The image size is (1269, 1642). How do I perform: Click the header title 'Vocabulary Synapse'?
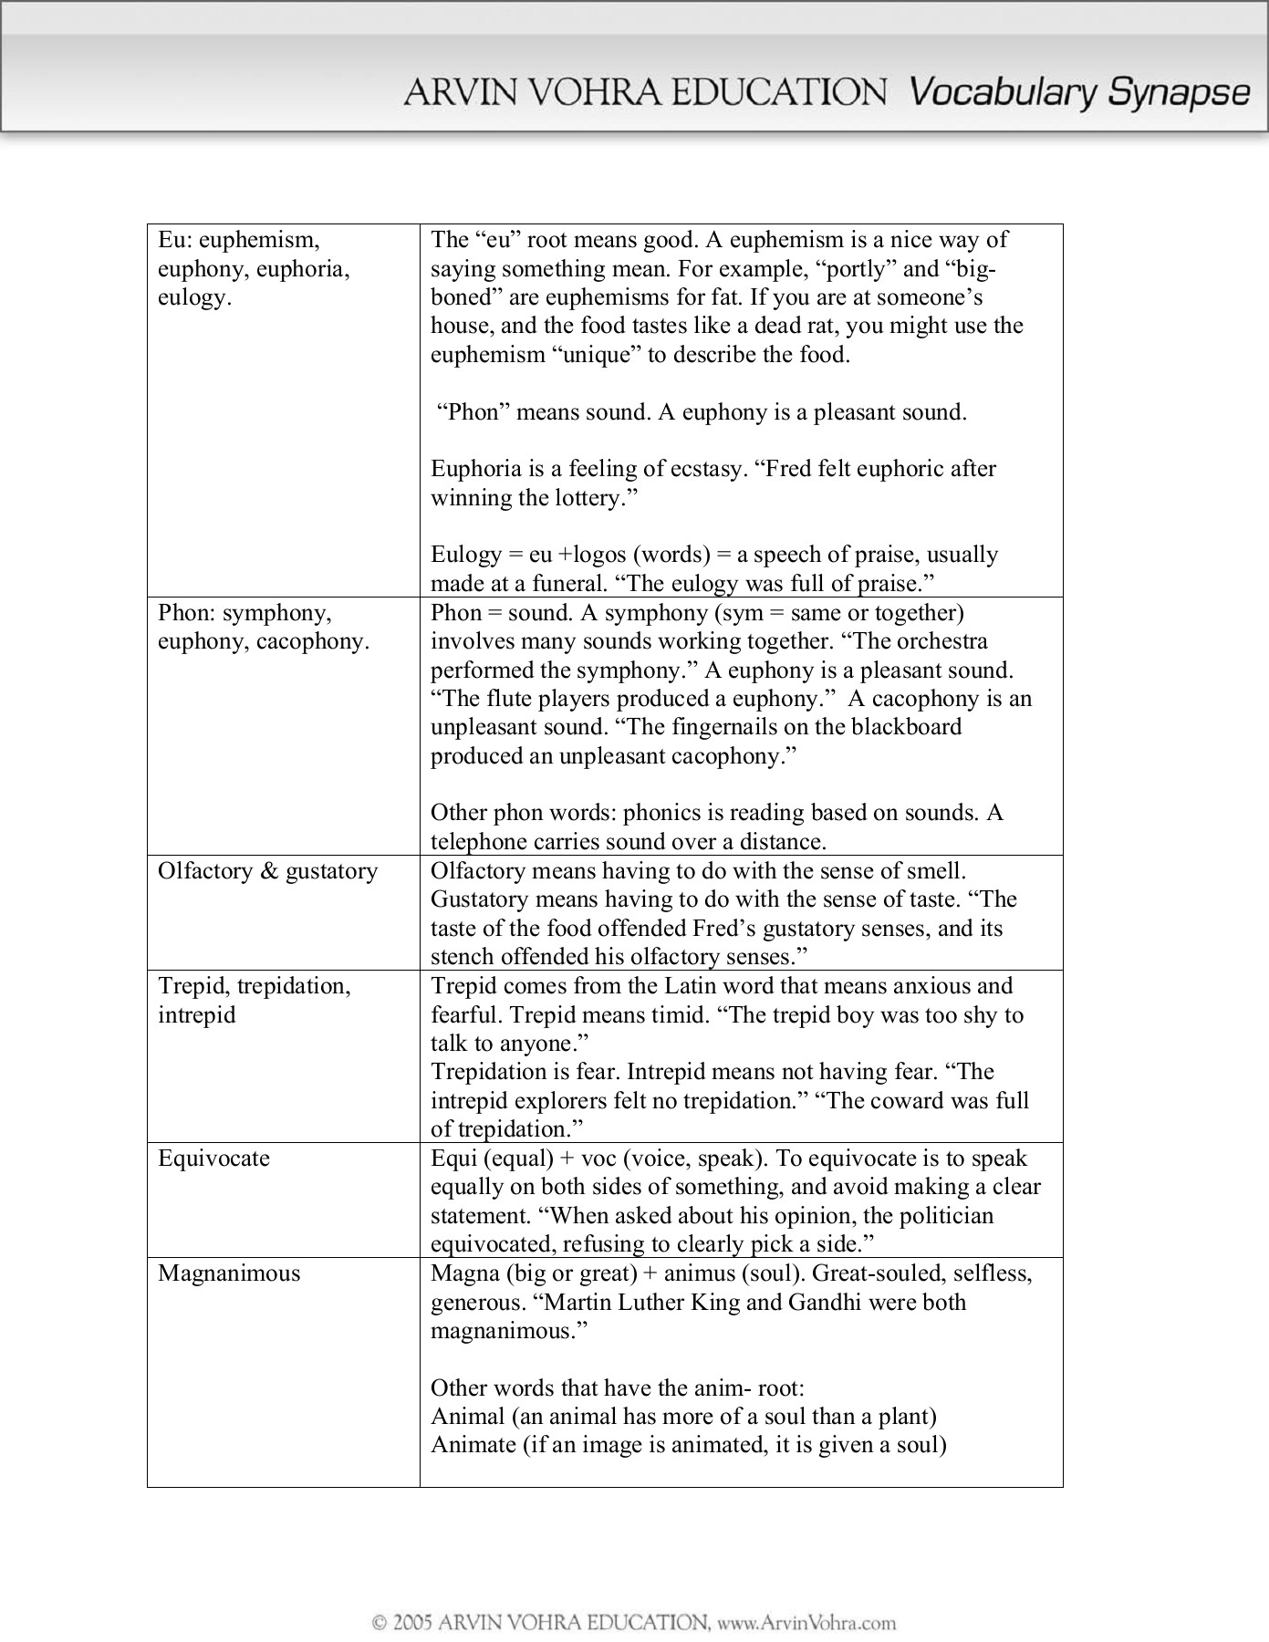point(1079,93)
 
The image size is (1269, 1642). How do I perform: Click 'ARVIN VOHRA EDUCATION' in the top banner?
point(645,93)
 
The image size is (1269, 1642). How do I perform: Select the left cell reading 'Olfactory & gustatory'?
point(267,871)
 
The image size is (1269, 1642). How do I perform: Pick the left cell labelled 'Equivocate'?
point(213,1159)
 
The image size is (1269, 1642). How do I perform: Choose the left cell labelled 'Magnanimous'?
point(228,1273)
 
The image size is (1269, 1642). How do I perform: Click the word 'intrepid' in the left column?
point(196,1015)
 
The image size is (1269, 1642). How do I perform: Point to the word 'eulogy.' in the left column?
point(194,297)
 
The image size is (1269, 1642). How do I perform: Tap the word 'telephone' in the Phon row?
point(481,842)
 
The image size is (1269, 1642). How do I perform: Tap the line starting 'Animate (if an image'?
point(689,1446)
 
